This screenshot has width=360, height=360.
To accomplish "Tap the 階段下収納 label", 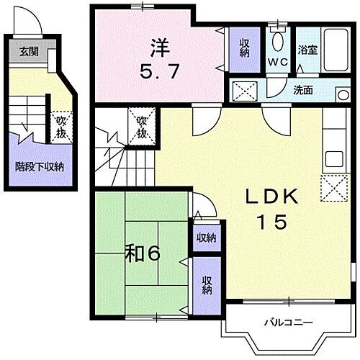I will point(40,166).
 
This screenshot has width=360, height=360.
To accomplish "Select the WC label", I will point(278,62).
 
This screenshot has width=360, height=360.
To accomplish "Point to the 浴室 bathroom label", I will point(308,51).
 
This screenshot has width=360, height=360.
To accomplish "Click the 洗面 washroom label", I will point(302,90).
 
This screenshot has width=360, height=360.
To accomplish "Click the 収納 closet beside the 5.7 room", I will point(244,48).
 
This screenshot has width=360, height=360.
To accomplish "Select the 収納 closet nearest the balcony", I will point(207,285).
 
